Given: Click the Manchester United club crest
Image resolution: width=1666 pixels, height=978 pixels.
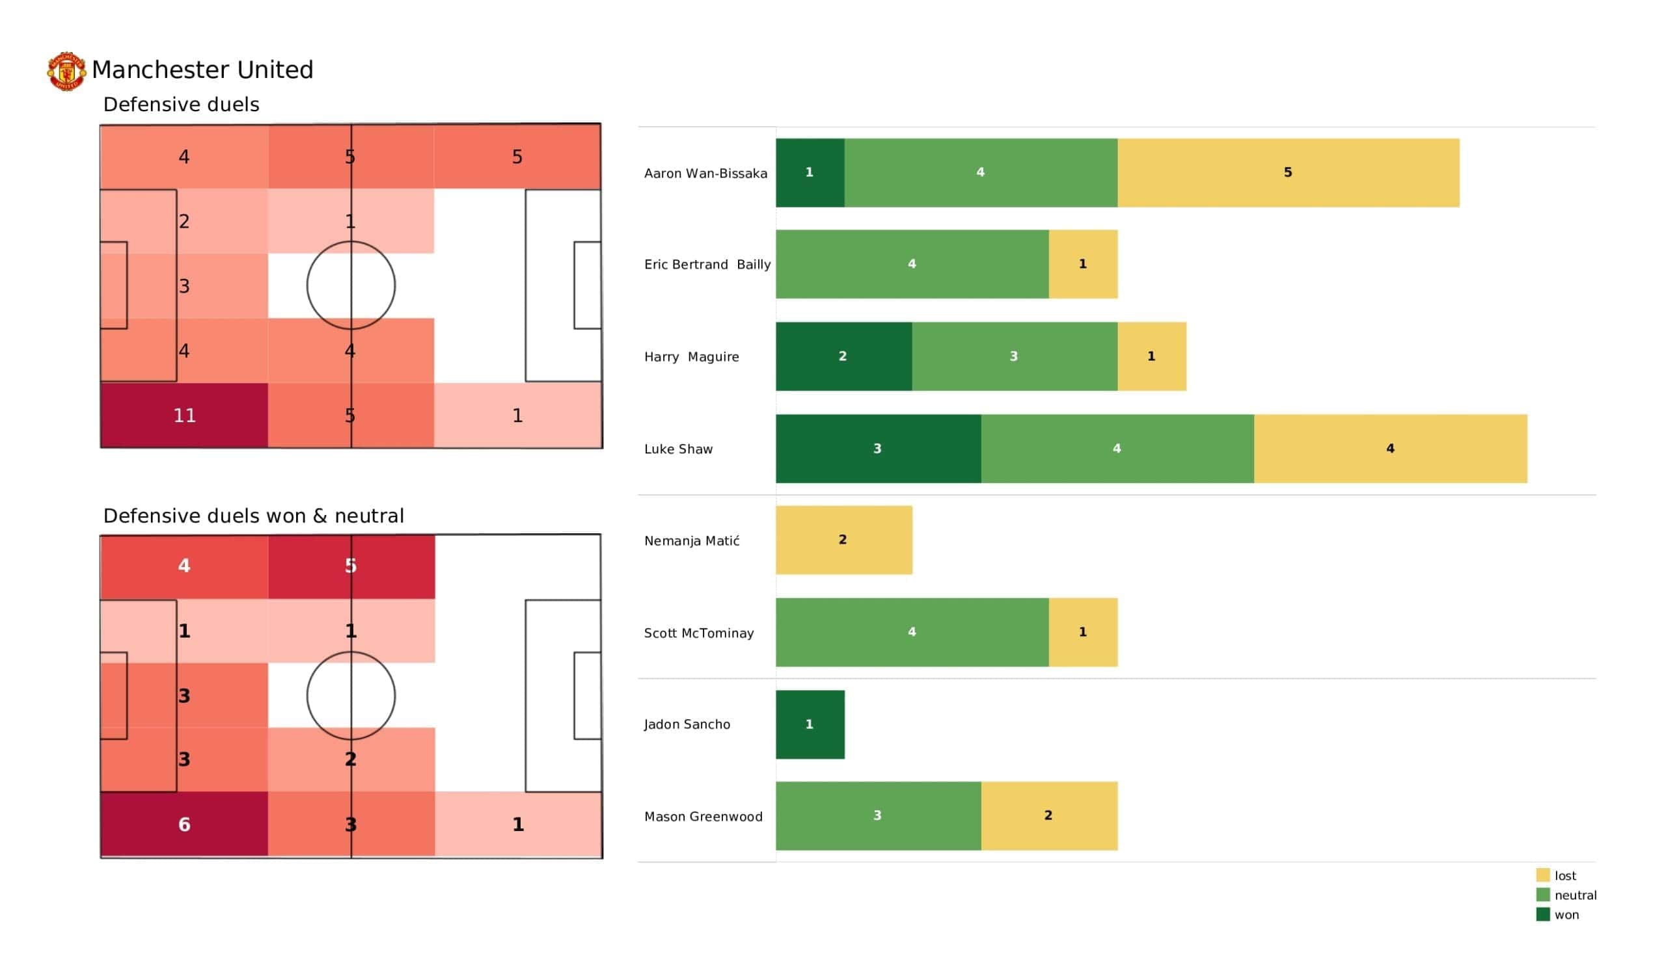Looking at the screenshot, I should [66, 71].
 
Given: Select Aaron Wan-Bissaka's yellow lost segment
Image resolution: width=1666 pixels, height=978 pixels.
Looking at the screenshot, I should [1288, 172].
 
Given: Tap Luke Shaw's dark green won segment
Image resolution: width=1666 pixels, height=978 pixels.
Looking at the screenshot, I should [878, 449].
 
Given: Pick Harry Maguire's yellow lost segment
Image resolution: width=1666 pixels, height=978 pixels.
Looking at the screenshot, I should [1152, 356].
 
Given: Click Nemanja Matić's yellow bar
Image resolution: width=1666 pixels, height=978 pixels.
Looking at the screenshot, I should [843, 540].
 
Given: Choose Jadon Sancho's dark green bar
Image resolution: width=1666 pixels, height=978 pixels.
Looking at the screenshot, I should [810, 724].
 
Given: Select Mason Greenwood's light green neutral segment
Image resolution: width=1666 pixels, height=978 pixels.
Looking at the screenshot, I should [878, 815].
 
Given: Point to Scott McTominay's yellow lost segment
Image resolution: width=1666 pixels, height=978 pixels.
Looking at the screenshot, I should [1083, 632].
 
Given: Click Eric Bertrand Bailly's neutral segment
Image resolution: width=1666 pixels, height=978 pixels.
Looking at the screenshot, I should [912, 264].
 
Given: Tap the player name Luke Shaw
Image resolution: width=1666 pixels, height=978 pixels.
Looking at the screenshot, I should [678, 449].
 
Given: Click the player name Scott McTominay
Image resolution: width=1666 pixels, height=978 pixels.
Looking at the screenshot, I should [699, 633].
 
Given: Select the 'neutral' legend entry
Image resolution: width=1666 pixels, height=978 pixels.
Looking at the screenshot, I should [1575, 895].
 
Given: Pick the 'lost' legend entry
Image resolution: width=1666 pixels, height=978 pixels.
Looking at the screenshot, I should [1565, 875].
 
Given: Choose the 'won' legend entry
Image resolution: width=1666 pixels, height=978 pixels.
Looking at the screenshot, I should [1566, 915].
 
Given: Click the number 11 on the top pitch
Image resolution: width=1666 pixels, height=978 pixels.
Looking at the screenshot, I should [184, 416].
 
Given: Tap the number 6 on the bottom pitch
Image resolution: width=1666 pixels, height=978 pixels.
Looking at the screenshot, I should [184, 825].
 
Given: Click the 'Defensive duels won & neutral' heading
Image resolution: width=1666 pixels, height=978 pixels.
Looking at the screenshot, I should [253, 516].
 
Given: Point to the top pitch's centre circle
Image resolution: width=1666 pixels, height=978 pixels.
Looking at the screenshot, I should [351, 285].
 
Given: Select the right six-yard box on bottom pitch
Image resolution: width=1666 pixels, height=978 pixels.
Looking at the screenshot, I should [587, 696].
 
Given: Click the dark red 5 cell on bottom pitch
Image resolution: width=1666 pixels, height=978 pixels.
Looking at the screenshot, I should [351, 566].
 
